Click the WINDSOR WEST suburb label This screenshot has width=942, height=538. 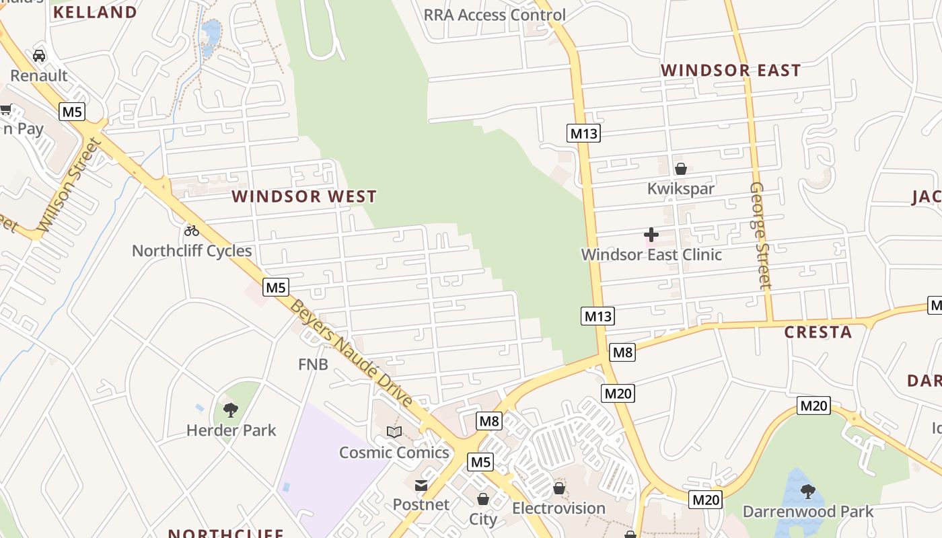pos(304,196)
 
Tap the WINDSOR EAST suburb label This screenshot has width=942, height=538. pos(731,71)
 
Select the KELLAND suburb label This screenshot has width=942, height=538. pos(95,12)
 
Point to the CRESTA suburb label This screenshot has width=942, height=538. pos(818,332)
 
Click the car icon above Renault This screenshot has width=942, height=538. pos(39,56)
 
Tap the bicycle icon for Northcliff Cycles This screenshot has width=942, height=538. pos(192,231)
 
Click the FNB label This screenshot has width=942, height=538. pos(313,364)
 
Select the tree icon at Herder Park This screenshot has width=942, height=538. pos(231,410)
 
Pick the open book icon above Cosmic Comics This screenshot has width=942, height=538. pos(394,432)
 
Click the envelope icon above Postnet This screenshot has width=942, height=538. pos(421,485)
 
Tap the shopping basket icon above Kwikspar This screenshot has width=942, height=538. pos(681,169)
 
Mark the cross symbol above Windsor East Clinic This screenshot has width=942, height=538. pos(651,235)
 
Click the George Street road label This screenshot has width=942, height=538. pos(760,235)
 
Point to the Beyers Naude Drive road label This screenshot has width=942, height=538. pos(352,354)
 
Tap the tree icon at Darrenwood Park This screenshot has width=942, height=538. pos(808,492)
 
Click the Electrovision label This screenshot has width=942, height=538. pos(558,508)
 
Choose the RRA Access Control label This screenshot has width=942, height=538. pos(495,15)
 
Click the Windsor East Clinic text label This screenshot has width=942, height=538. pos(651,255)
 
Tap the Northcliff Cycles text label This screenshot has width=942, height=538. pos(192,251)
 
